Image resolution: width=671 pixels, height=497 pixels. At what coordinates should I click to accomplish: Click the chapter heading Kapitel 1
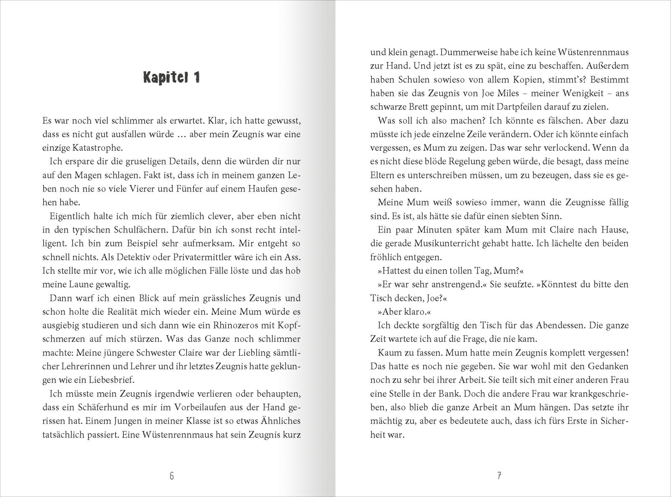coord(172,78)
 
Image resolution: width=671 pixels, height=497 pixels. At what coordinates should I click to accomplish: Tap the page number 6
coord(172,476)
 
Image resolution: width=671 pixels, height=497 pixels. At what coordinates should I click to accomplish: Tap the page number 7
coord(499,476)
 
